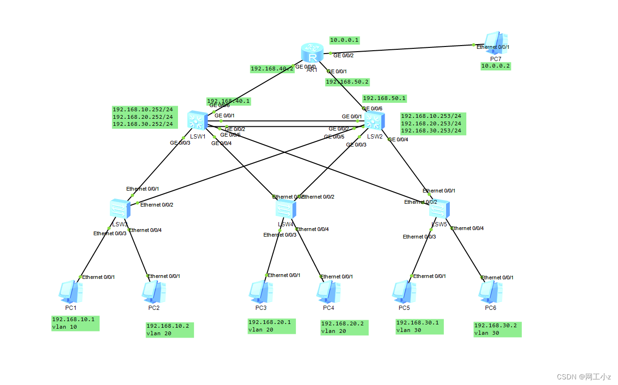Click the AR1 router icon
312,53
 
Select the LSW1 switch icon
196,121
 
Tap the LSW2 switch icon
374,121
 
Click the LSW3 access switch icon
119,208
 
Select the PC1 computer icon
71,292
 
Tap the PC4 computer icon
328,292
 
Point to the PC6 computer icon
490,292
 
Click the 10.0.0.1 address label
344,40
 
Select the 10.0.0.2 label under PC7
495,66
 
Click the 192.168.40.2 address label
272,69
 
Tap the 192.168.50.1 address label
384,99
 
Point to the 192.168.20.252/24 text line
143,117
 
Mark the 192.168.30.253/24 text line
431,131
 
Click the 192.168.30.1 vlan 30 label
419,326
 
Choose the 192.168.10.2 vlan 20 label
170,330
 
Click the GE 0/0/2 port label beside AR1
343,55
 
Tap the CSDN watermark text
583,377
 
